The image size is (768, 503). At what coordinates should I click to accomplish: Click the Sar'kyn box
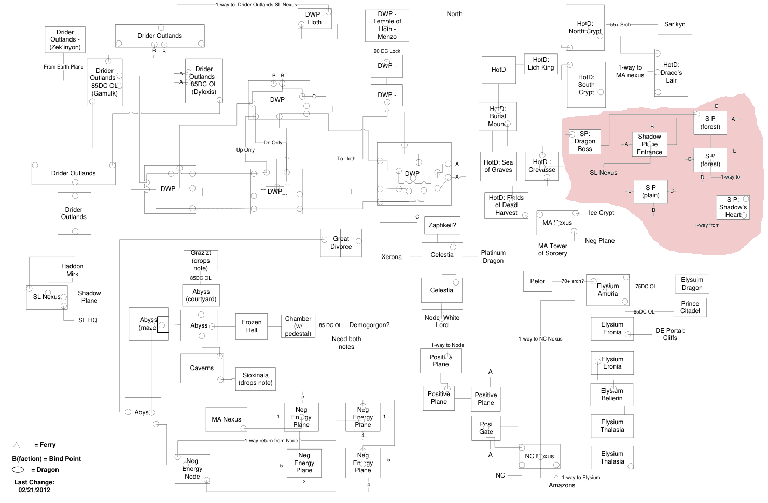pos(674,24)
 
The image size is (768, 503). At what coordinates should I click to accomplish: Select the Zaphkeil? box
pos(442,225)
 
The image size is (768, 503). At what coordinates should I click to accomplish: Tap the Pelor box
pos(537,281)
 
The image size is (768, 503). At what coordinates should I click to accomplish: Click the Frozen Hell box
pos(252,326)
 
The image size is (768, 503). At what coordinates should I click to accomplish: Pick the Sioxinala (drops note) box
pos(255,379)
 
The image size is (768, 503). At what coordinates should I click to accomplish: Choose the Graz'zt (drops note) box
pos(201,261)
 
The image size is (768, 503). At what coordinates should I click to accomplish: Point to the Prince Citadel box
pos(690,307)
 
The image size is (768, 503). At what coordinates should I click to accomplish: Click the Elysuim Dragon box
pos(692,283)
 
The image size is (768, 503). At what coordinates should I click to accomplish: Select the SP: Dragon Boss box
pos(584,141)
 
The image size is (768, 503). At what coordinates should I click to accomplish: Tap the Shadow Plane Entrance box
pos(649,144)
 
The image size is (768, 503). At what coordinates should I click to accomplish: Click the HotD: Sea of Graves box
pos(498,166)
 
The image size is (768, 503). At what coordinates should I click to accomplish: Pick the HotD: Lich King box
pos(541,64)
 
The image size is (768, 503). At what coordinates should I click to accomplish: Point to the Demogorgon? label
pos(369,325)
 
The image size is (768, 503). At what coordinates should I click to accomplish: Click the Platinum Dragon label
pos(493,256)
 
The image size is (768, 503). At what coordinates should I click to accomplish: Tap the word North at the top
pos(454,14)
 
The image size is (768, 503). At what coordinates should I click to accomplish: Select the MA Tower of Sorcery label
pos(552,250)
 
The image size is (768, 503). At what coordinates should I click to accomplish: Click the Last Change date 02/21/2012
pos(34,490)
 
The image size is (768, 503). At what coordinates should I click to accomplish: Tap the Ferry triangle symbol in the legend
pos(17,445)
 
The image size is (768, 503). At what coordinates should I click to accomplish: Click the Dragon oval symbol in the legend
pos(18,470)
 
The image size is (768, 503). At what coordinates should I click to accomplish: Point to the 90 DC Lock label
pos(387,51)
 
